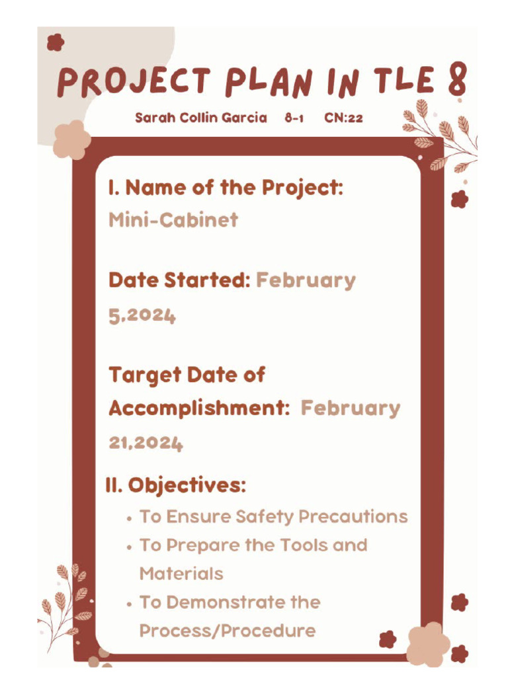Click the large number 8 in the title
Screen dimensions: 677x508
(456, 81)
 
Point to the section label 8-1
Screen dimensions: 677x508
(294, 118)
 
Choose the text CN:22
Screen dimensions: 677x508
(343, 118)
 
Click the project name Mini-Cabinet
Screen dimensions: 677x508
(173, 219)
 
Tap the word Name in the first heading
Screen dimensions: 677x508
(155, 188)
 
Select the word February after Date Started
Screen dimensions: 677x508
(306, 280)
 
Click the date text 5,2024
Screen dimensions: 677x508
(142, 316)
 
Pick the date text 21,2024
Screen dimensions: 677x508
(146, 443)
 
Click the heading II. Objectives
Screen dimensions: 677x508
(175, 485)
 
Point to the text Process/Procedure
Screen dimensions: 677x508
(228, 631)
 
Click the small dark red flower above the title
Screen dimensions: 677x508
(56, 43)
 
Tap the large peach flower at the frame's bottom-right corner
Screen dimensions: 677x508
(428, 643)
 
